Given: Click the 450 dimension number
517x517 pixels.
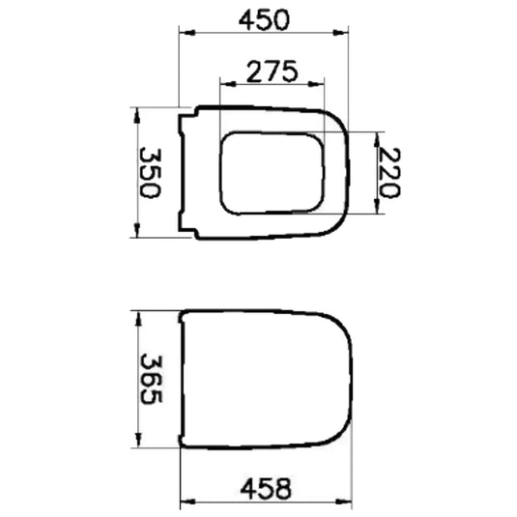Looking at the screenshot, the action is point(264,20).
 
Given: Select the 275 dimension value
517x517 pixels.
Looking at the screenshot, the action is point(272,72).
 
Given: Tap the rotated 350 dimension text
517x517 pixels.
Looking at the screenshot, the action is point(151,173).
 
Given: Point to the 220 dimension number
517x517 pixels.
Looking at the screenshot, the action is point(389,173).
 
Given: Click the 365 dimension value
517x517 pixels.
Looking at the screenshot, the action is point(152,379).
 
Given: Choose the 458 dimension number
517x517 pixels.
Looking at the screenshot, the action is point(266,488).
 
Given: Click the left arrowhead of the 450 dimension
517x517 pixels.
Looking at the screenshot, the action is point(187,33).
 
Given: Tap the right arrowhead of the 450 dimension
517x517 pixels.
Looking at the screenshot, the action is point(340,33).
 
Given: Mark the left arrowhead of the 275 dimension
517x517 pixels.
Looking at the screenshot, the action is point(228,84).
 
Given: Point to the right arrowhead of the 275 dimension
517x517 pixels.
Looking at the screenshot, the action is point(316,84).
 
